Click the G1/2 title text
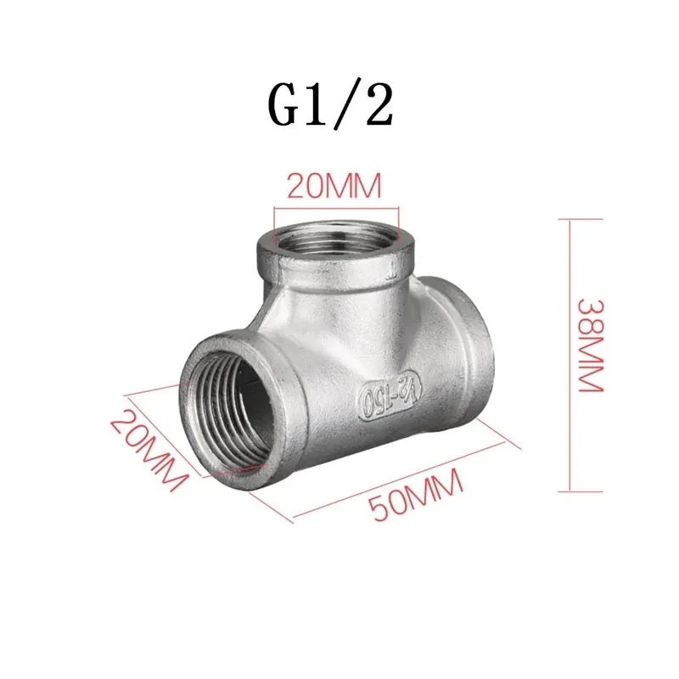pyautogui.click(x=331, y=105)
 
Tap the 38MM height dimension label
pyautogui.click(x=590, y=345)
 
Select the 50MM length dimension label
pyautogui.click(x=416, y=496)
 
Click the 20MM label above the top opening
pyautogui.click(x=334, y=186)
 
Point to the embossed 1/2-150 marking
pyautogui.click(x=390, y=398)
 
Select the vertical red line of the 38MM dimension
pyautogui.click(x=570, y=356)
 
